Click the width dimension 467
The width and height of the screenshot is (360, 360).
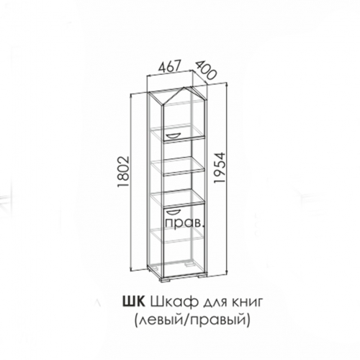[x=169, y=66]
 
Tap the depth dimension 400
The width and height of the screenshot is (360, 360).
[x=204, y=70]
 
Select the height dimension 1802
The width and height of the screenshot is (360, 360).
[x=125, y=171]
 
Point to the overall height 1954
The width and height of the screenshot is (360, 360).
[x=220, y=168]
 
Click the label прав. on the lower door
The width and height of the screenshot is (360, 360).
[x=185, y=224]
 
